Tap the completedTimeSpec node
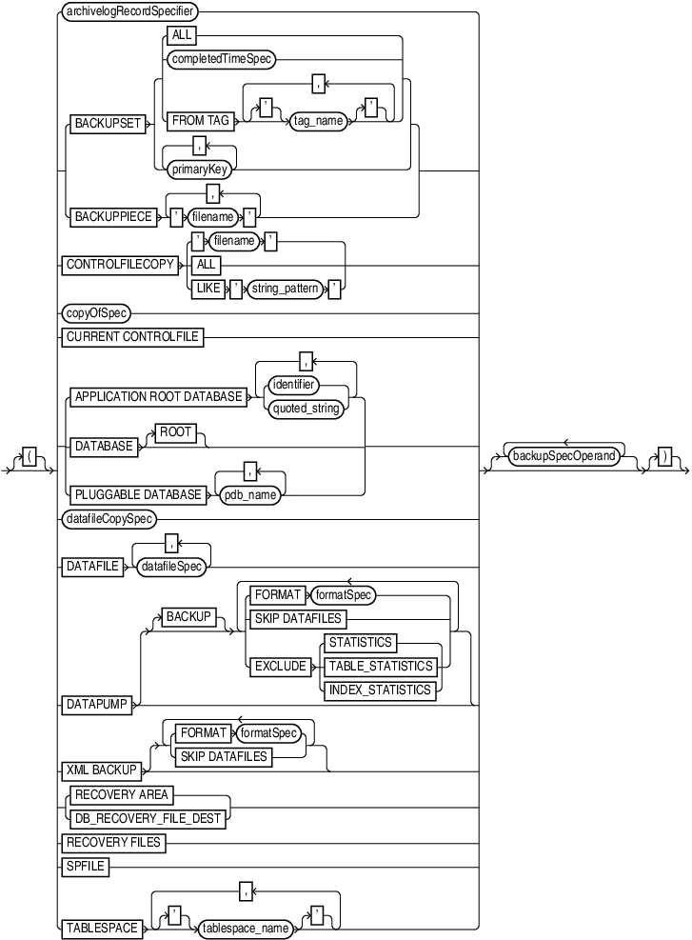click(221, 59)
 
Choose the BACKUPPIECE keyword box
click(112, 216)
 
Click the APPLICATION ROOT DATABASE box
click(158, 396)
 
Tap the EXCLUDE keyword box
click(280, 667)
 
